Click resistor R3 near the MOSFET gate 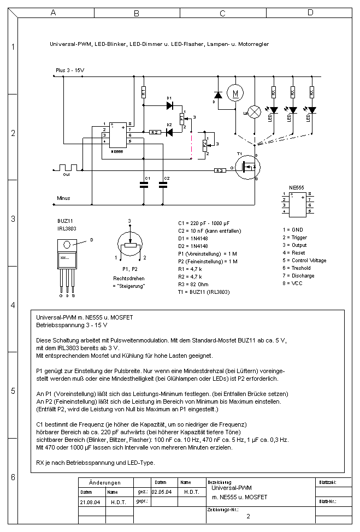pyautogui.click(x=219, y=170)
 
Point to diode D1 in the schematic pyautogui.click(x=169, y=106)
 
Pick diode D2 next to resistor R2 pyautogui.click(x=169, y=132)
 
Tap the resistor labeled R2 pyautogui.click(x=154, y=132)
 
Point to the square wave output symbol pyautogui.click(x=69, y=167)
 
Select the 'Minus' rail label pyautogui.click(x=63, y=198)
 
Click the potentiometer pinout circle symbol pyautogui.click(x=130, y=246)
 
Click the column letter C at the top pyautogui.click(x=222, y=12)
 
